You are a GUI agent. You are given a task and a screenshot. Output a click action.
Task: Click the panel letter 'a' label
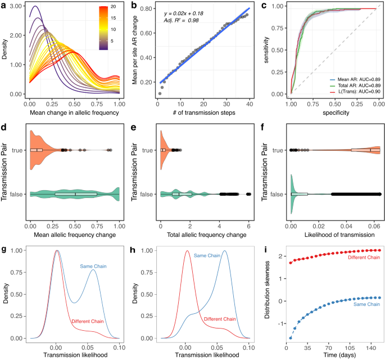click(x=4, y=6)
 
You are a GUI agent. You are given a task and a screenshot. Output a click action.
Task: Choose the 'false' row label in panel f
click(x=276, y=194)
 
